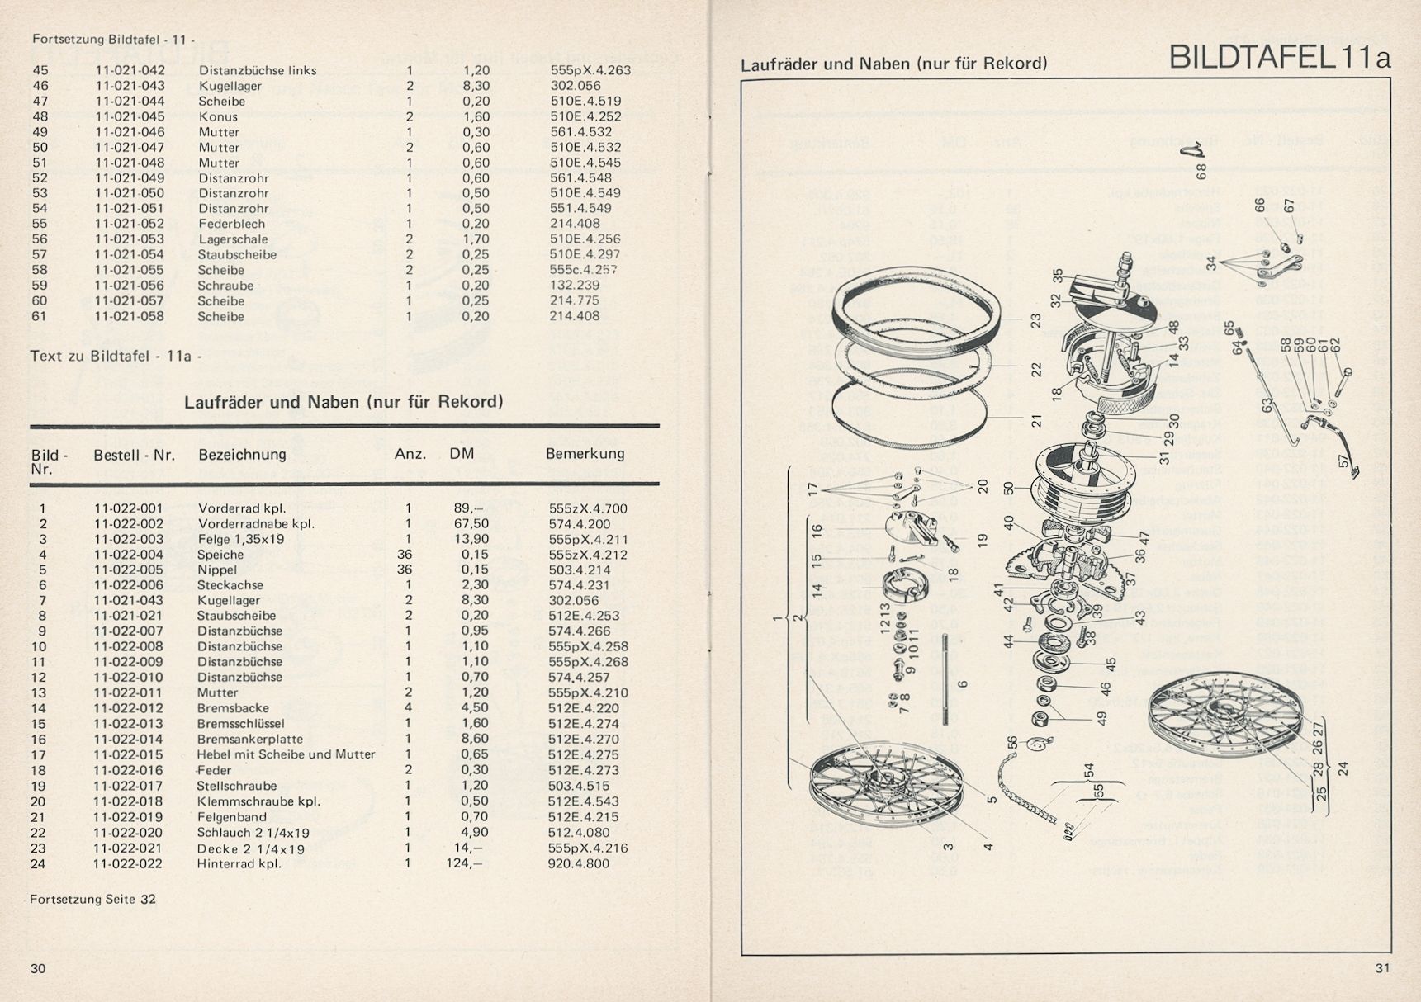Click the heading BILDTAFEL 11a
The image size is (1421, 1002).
(x=1280, y=59)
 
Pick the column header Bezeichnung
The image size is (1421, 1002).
(x=242, y=454)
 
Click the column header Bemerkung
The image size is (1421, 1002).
(x=585, y=454)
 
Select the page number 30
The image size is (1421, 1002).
(x=38, y=968)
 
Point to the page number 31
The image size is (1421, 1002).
(x=1383, y=968)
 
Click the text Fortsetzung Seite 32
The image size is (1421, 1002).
(x=92, y=899)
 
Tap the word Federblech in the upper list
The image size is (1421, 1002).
(x=231, y=224)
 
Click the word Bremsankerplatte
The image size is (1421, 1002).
(x=249, y=740)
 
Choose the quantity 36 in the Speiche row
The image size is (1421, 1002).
(x=405, y=555)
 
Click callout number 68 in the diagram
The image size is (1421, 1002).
(x=1201, y=172)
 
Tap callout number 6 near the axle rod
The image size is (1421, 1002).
(x=963, y=683)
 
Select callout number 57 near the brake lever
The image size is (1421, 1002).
(x=1344, y=464)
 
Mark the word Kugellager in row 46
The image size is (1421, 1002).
(x=230, y=86)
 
